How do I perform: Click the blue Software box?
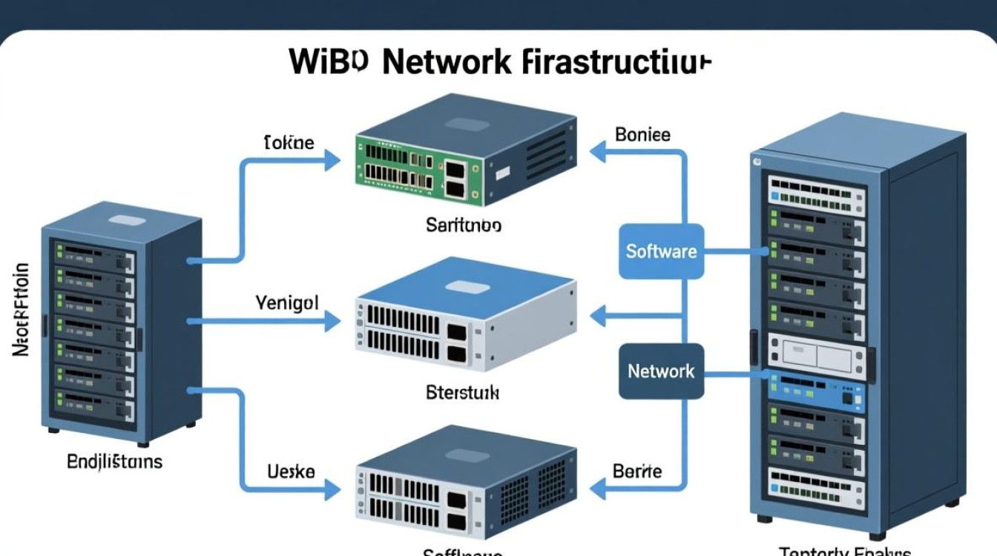[661, 251]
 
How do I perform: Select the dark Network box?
[661, 371]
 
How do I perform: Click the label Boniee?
[642, 135]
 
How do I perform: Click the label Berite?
[637, 471]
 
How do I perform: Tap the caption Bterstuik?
[463, 392]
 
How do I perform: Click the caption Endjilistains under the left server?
[114, 462]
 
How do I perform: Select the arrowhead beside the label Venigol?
[332, 321]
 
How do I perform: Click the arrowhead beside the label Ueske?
[332, 489]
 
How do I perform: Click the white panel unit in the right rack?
[816, 354]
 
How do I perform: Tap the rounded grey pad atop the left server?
[126, 220]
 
